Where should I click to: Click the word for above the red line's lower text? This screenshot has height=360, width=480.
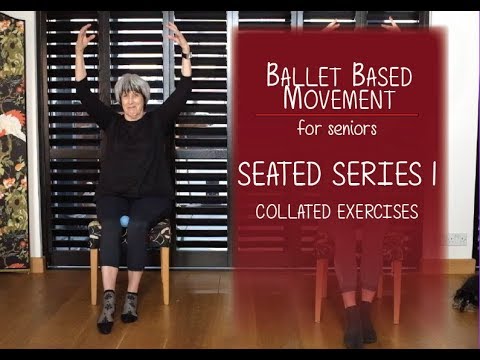(x=311, y=128)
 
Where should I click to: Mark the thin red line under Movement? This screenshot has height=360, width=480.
(x=336, y=115)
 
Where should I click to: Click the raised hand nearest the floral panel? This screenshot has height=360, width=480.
(x=84, y=36)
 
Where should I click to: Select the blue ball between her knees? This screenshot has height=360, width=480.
(x=125, y=220)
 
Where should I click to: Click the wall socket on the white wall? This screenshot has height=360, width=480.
(x=457, y=239)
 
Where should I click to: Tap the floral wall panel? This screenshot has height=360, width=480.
(x=14, y=140)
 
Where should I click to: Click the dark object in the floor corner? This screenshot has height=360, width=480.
(x=465, y=292)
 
